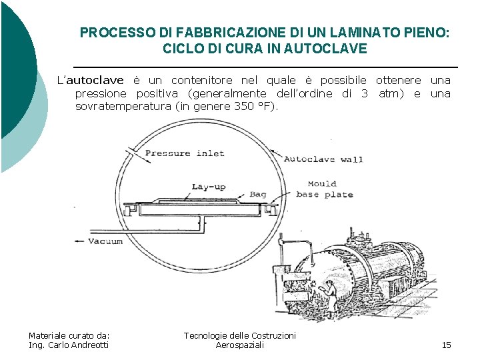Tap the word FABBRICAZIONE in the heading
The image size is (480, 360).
pyautogui.click(x=196, y=32)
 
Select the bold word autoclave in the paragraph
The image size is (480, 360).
pyautogui.click(x=95, y=80)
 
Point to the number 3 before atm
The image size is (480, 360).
pyautogui.click(x=364, y=93)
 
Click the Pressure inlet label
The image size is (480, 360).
pyautogui.click(x=184, y=153)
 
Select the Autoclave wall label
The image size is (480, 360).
pyautogui.click(x=323, y=159)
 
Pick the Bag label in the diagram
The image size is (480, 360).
pyautogui.click(x=258, y=195)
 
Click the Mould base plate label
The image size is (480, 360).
pyautogui.click(x=323, y=189)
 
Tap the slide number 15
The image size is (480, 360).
pyautogui.click(x=446, y=345)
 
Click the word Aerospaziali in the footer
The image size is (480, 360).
pyautogui.click(x=240, y=345)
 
